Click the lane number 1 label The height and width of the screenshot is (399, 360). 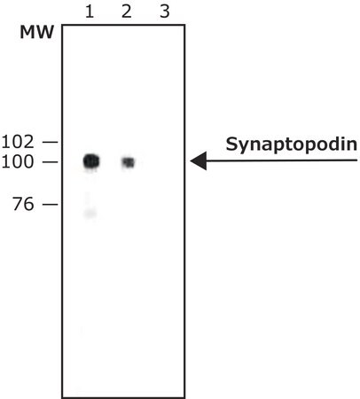point(90,12)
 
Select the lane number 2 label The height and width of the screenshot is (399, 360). point(127,12)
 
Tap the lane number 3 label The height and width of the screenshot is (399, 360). point(165,12)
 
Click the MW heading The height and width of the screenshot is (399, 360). point(37,32)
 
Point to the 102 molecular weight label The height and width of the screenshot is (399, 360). point(18,142)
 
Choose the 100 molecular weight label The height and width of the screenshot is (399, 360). point(18,162)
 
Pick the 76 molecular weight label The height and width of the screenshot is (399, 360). point(23,204)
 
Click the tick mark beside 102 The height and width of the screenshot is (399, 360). point(50,142)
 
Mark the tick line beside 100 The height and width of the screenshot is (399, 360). point(50,162)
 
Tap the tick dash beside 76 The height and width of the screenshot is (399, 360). point(50,204)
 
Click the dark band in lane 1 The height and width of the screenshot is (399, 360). point(91,161)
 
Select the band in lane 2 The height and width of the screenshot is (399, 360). point(129,162)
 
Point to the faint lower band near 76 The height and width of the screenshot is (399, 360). point(90,213)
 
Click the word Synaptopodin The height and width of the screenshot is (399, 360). point(291,145)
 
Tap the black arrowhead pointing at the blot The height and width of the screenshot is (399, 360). point(199,160)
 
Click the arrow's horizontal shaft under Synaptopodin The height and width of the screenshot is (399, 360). point(282,160)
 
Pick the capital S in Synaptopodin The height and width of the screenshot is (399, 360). point(231,144)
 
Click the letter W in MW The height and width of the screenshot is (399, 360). point(45,32)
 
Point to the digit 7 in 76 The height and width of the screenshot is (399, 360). point(18,204)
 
